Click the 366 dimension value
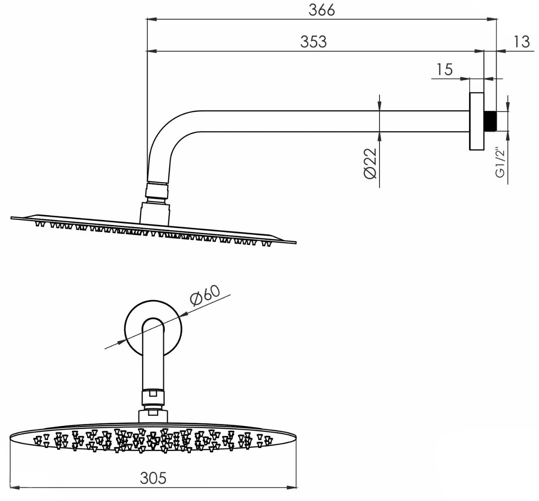322,10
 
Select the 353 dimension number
314,42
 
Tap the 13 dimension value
522,42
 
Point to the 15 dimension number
444,69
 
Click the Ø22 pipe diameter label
371,163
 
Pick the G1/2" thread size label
500,163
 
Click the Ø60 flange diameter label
205,296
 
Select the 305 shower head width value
153,478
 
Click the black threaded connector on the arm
490,121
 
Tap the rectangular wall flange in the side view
477,121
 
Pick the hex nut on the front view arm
153,398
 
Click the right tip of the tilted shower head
296,243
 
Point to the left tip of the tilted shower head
11,218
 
